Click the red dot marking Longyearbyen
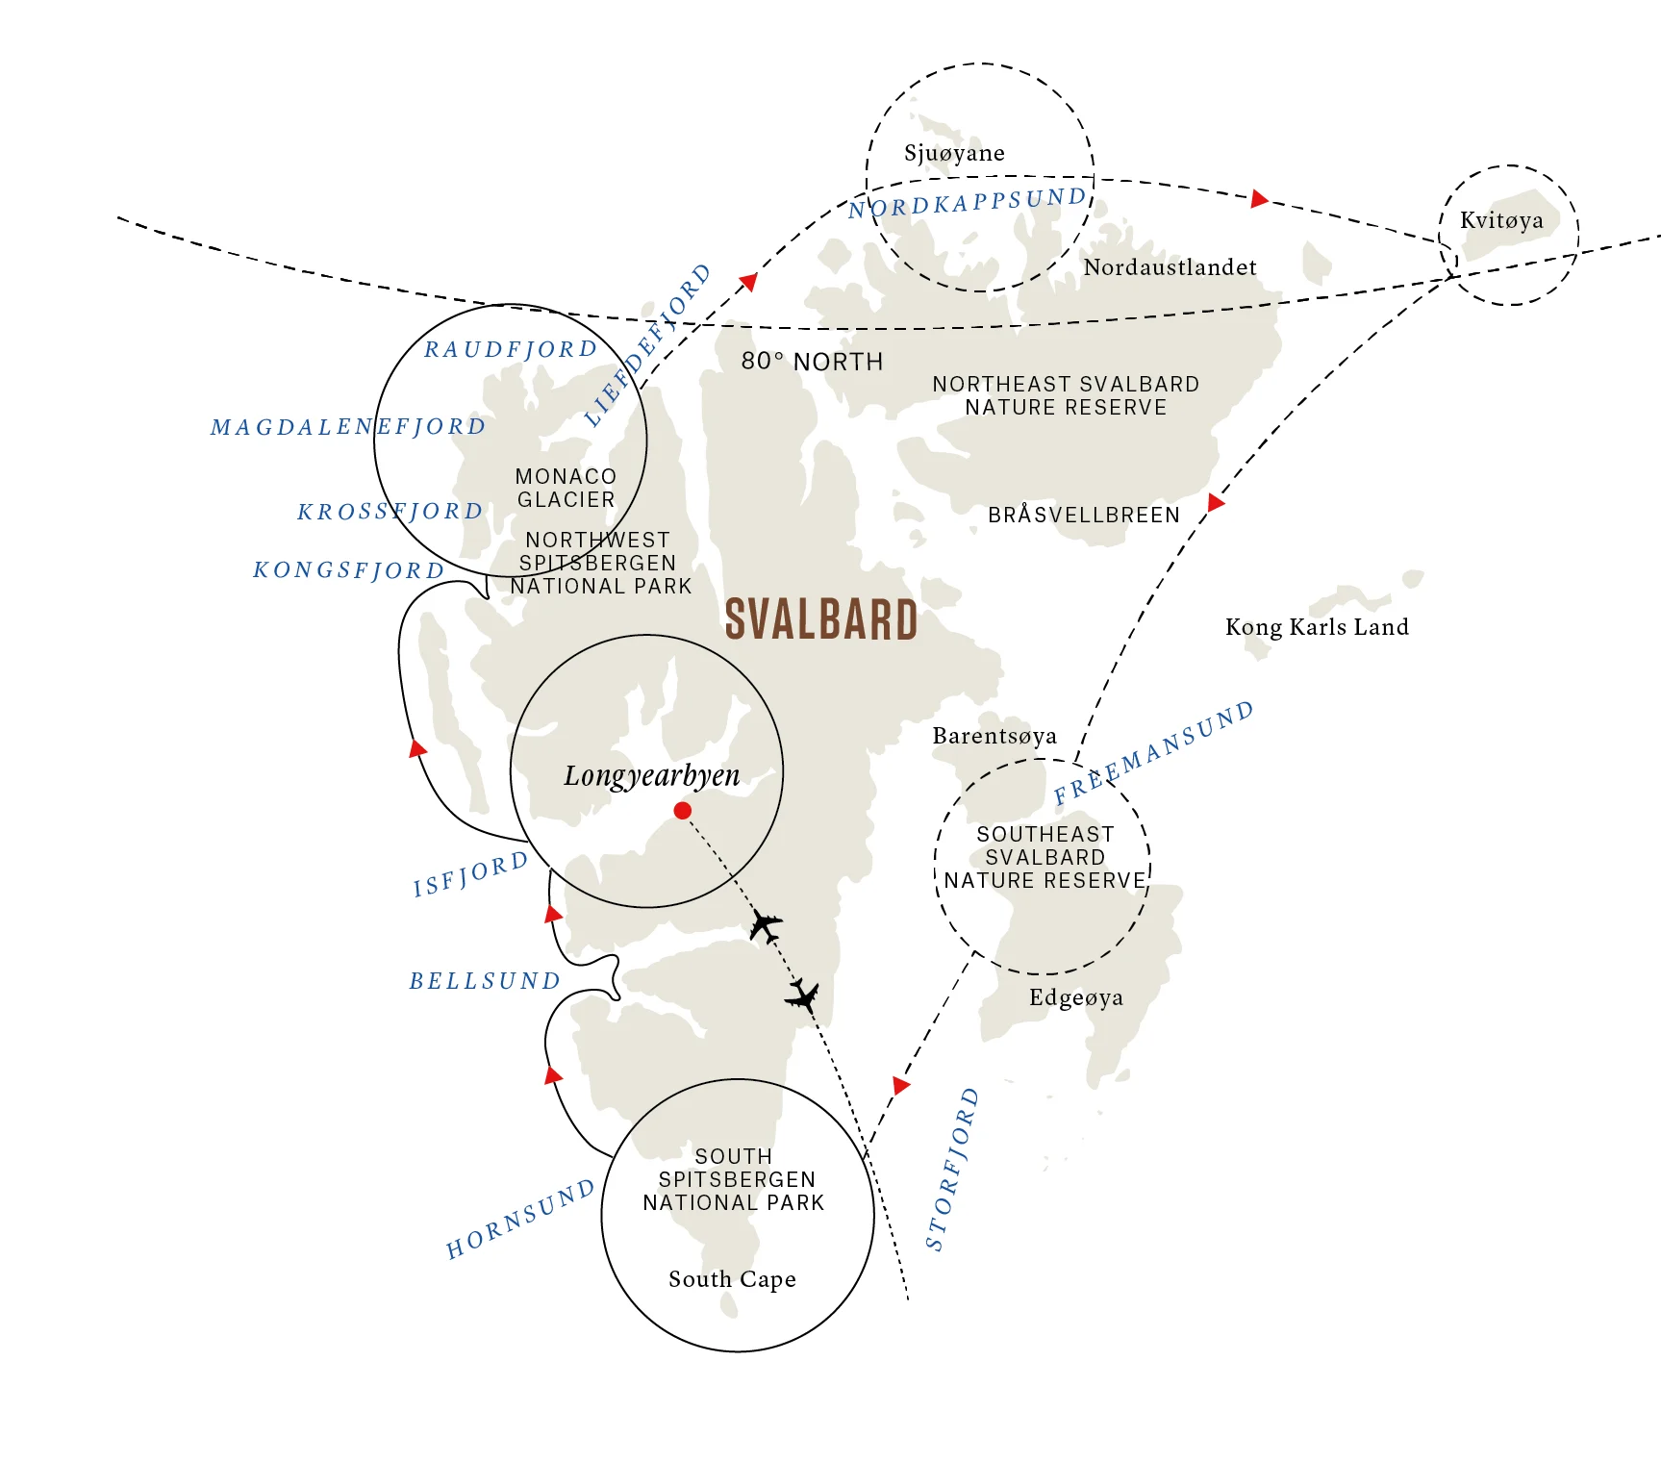683,811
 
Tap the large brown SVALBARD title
821,619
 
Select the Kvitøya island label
1501,220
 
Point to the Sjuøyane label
954,153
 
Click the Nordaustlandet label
1170,267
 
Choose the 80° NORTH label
812,362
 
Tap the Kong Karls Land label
1317,627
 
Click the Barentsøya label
994,736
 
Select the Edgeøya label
1075,997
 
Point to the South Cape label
732,1279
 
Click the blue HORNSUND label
520,1220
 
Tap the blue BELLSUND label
485,981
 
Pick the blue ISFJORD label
471,873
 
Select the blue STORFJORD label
951,1170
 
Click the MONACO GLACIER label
566,488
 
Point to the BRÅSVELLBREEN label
1084,516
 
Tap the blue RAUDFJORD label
511,349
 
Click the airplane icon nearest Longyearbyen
766,926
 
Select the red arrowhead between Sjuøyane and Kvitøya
1259,199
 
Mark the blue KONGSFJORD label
348,570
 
